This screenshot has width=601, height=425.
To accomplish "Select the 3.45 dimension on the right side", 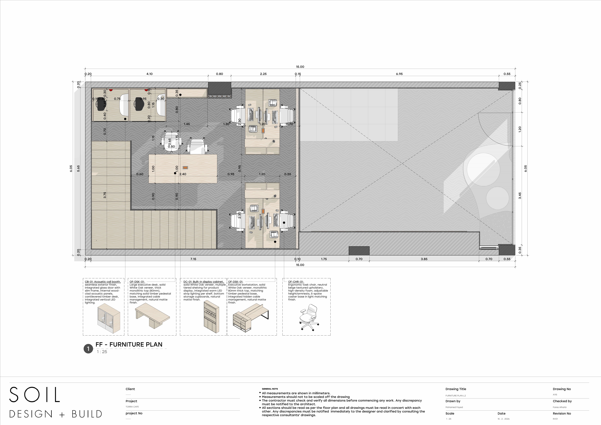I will pos(520,196).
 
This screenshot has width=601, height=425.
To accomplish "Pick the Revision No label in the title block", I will pos(562,414).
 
